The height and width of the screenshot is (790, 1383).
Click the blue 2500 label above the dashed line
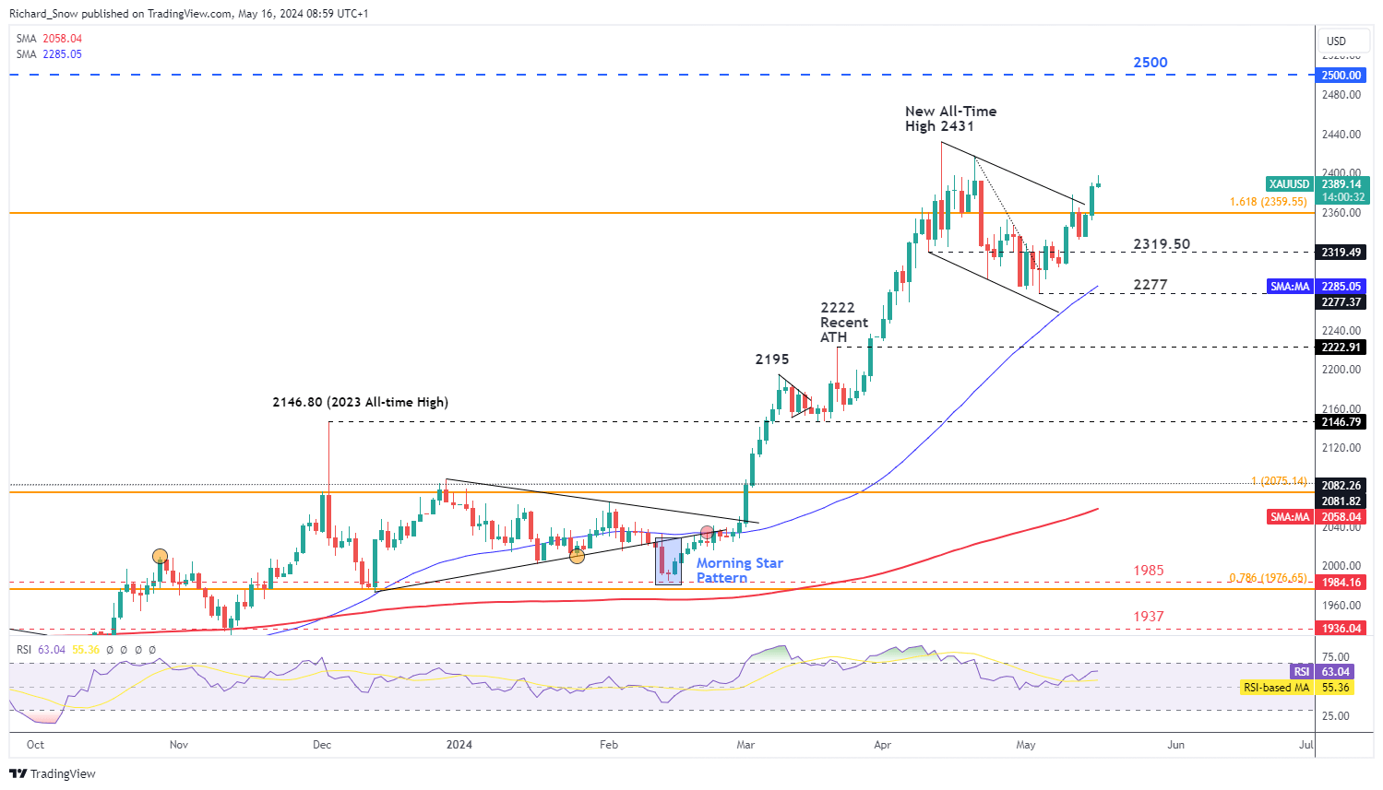1150,63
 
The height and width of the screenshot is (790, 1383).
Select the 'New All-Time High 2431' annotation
950,119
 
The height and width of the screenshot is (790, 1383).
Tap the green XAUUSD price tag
1289,184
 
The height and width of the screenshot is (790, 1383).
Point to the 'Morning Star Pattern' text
739,570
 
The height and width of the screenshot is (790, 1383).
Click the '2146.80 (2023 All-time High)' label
360,402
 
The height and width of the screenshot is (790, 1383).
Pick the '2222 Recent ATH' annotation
843,323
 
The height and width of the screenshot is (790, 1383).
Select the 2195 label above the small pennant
772,360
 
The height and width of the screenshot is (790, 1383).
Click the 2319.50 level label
1162,244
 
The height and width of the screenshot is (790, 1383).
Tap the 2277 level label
1151,285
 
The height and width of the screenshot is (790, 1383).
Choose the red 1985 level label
1149,571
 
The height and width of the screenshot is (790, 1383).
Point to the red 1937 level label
1149,617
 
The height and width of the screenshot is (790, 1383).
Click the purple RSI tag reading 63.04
1301,672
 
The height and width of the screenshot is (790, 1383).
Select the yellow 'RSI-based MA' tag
1276,688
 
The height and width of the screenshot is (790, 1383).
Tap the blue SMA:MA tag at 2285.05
1290,287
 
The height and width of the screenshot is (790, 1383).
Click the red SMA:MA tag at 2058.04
1290,517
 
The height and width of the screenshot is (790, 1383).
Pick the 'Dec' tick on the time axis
322,745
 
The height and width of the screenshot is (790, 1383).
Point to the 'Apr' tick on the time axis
883,745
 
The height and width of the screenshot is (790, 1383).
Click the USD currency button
1336,41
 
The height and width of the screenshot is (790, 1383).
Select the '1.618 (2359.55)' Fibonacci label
1268,202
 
